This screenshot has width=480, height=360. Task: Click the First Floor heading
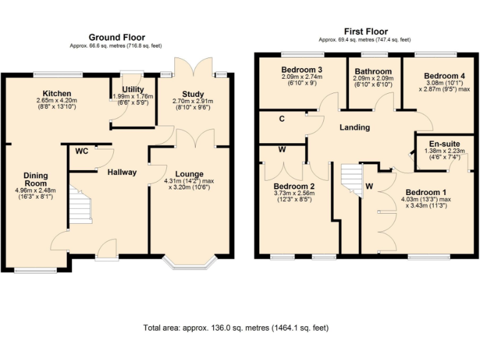(366, 31)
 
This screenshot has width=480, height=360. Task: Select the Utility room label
(133, 89)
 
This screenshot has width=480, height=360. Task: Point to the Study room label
(192, 94)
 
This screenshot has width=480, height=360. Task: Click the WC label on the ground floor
(81, 151)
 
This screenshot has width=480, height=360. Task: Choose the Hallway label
(122, 172)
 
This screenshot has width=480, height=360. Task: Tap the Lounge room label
(189, 174)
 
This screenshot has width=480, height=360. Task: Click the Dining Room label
(36, 179)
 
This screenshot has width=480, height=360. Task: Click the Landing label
(354, 127)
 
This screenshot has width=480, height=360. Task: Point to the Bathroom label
(373, 72)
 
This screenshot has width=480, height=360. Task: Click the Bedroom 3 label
(301, 69)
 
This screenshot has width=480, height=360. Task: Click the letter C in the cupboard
(282, 118)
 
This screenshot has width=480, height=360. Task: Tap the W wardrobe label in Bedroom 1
(369, 186)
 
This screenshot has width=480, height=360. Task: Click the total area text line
(236, 327)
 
